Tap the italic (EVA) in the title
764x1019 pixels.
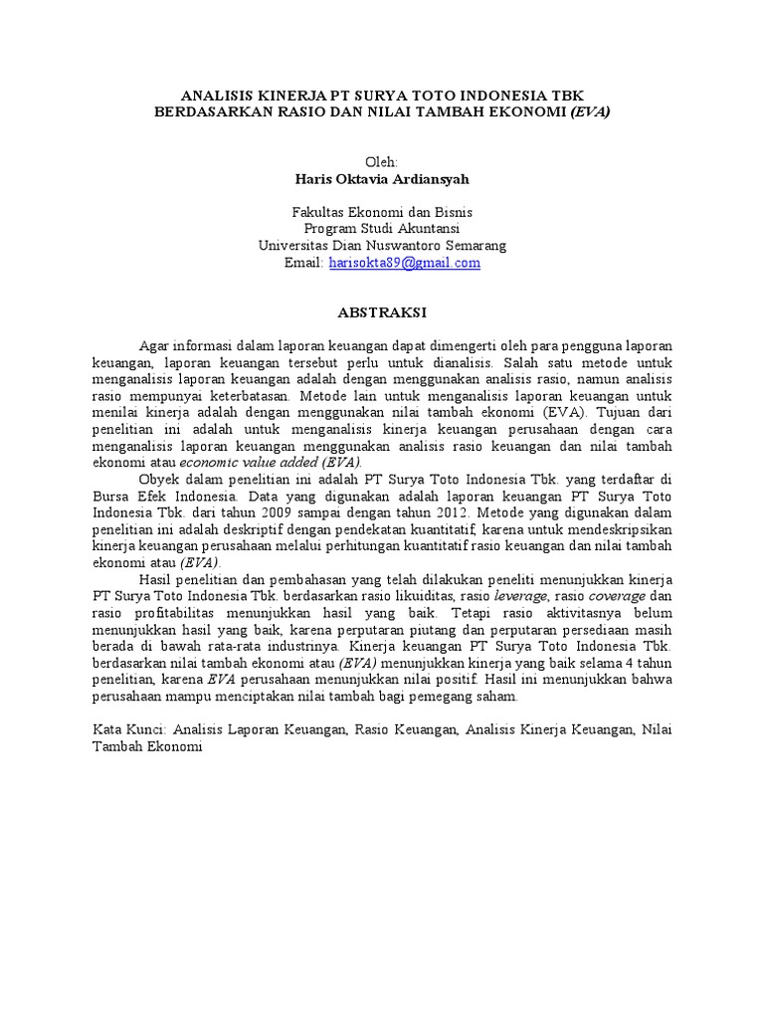click(590, 111)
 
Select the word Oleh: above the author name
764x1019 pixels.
click(382, 162)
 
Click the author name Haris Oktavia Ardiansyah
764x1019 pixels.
click(382, 180)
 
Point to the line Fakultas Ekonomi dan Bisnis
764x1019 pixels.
click(382, 212)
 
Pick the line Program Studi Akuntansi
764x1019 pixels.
click(382, 229)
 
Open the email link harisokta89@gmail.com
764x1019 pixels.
click(404, 263)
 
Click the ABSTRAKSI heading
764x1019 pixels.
click(382, 313)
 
